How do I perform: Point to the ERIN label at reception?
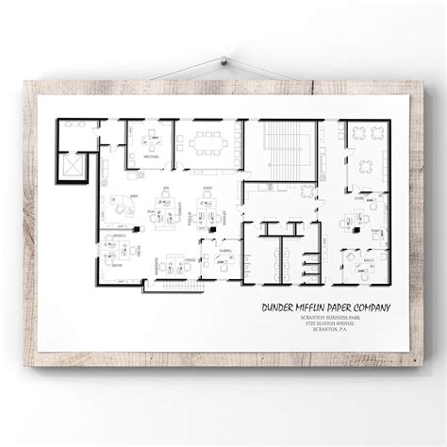click(134, 195)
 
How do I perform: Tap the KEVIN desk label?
click(116, 268)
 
